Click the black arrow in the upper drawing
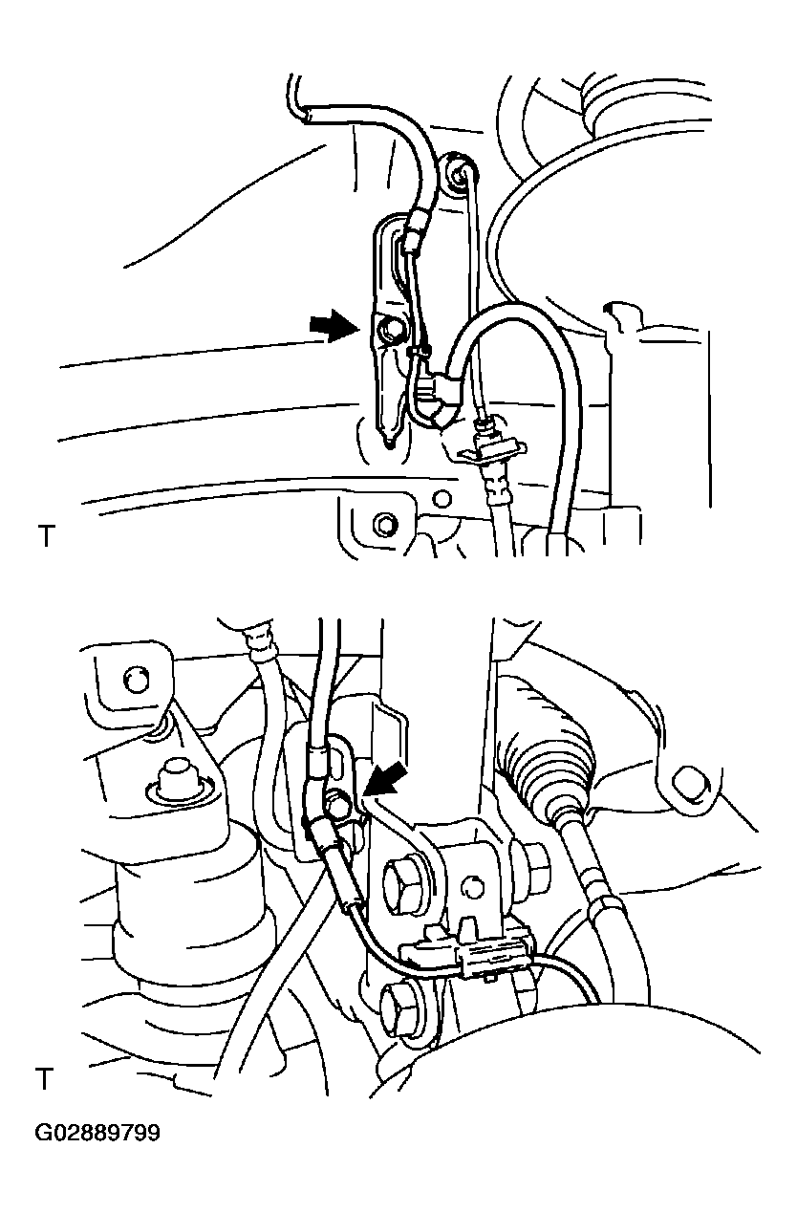[334, 326]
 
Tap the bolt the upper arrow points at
[389, 332]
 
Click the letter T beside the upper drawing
[47, 535]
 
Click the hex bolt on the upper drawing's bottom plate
[385, 524]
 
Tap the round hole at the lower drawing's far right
[689, 783]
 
